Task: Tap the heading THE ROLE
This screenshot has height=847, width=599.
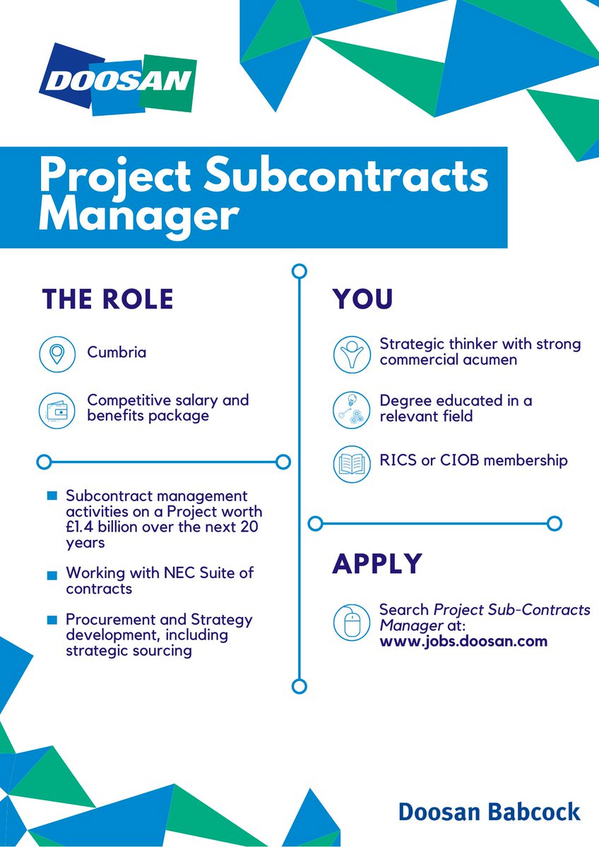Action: (x=107, y=299)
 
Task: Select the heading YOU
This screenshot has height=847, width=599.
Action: (x=363, y=299)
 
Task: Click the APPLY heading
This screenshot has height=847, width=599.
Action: (x=377, y=564)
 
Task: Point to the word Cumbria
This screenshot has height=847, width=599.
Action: (x=117, y=352)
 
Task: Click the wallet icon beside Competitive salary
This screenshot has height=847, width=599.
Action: (x=57, y=408)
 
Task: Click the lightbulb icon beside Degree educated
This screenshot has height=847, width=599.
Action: (x=351, y=408)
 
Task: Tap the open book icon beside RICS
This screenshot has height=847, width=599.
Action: (x=351, y=464)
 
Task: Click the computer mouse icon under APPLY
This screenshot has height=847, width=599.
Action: (x=351, y=622)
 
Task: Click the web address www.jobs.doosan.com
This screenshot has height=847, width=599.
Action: (x=463, y=642)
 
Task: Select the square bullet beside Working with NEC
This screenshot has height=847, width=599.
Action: (x=52, y=576)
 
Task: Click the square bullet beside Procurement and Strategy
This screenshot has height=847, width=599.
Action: (x=52, y=620)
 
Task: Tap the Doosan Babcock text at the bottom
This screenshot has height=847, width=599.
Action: (x=489, y=812)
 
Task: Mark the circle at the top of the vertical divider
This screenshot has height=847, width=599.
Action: (x=299, y=270)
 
